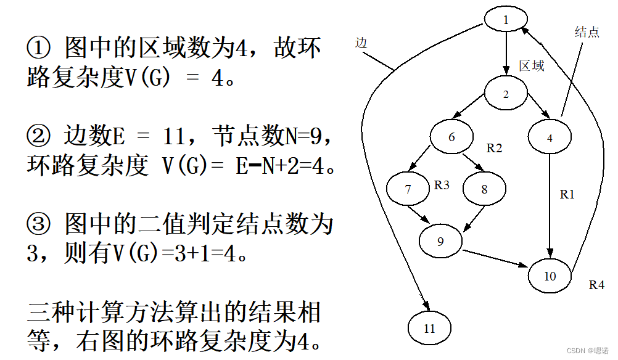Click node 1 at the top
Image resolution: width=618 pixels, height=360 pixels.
(506, 20)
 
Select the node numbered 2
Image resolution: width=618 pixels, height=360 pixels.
(506, 94)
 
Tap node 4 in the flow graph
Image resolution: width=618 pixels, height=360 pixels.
(550, 137)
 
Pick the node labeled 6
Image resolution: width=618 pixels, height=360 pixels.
(451, 137)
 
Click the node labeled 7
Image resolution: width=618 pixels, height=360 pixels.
(408, 189)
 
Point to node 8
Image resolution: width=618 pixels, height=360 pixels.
(484, 189)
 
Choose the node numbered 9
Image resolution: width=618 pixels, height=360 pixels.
(440, 241)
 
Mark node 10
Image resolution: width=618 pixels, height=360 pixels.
(550, 276)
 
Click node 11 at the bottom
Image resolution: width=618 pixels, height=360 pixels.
(430, 328)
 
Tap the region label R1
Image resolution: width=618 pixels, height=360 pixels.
(567, 195)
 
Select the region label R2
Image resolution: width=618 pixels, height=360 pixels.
(495, 148)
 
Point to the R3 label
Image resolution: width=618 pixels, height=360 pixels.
(442, 184)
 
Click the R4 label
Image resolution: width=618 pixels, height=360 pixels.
(596, 285)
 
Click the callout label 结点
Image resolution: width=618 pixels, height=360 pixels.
(587, 33)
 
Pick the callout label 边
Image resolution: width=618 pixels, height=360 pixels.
(361, 43)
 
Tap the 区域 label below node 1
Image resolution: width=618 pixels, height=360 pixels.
(532, 66)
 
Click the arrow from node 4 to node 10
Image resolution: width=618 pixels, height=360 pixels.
(550, 203)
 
